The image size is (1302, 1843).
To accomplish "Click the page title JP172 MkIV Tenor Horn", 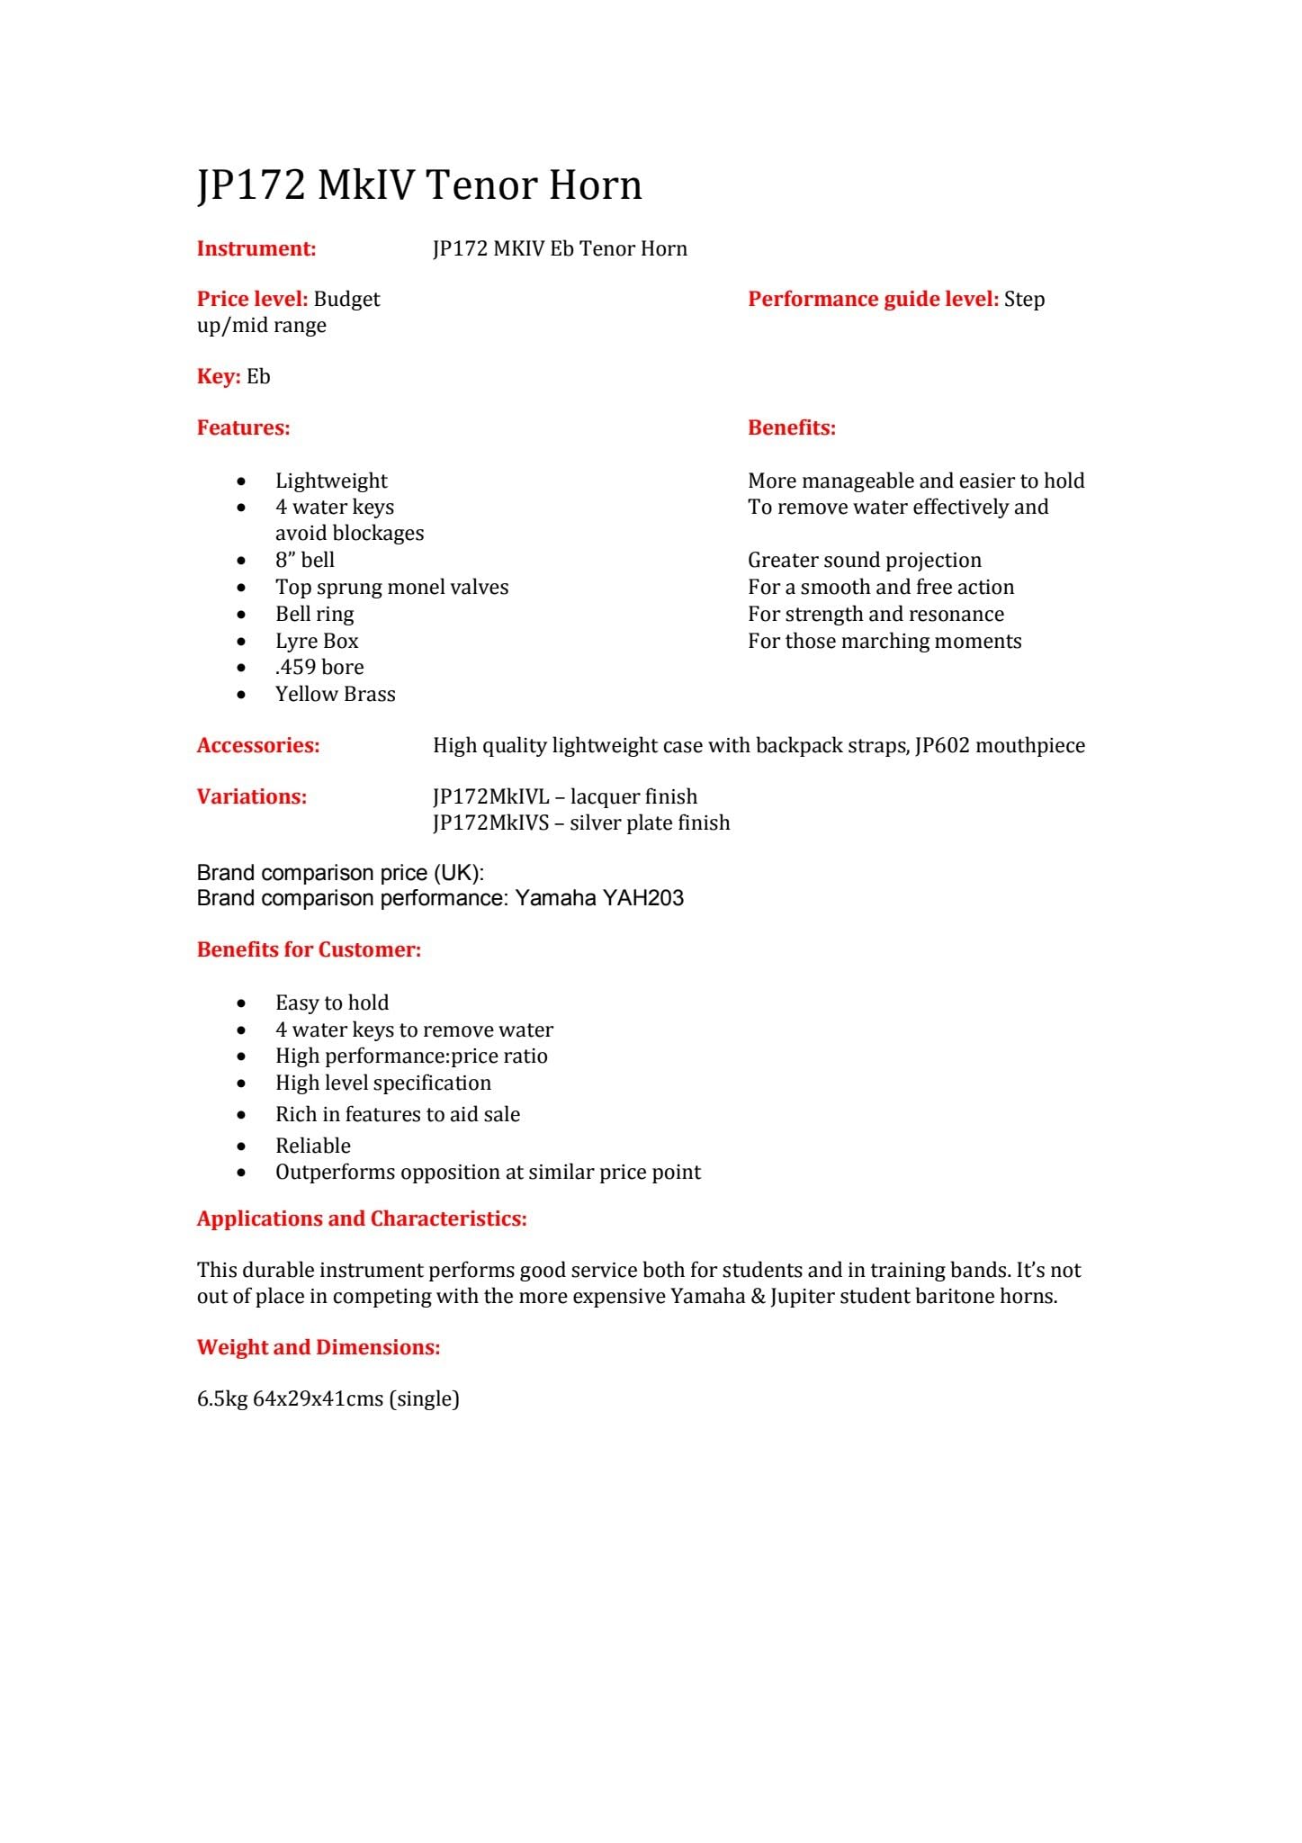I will click(x=419, y=185).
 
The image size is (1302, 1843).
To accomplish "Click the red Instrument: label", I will click(x=256, y=249).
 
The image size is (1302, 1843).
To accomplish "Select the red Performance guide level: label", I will click(x=873, y=300).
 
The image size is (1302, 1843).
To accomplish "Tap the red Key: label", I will click(x=219, y=377).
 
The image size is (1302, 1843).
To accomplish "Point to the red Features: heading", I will click(x=243, y=428).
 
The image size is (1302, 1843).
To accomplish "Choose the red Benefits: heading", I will click(x=791, y=428).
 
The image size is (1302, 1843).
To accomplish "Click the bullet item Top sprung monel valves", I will click(x=391, y=588).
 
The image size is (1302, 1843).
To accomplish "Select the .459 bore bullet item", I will click(x=319, y=668).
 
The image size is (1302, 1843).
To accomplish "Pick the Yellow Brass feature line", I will click(x=335, y=694).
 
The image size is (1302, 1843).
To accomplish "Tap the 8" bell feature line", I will click(x=304, y=561).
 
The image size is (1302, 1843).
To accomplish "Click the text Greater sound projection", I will click(x=864, y=561).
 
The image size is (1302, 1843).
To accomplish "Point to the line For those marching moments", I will click(x=884, y=642).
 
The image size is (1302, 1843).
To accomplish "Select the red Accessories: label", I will click(x=258, y=746).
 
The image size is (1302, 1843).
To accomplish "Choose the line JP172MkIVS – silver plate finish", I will click(x=581, y=823).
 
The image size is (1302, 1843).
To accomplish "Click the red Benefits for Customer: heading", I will click(x=309, y=950).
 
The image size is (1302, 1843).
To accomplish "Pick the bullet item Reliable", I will click(x=312, y=1146).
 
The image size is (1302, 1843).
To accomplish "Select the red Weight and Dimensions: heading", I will click(x=319, y=1348).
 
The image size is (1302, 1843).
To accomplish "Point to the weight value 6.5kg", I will click(x=221, y=1399).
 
